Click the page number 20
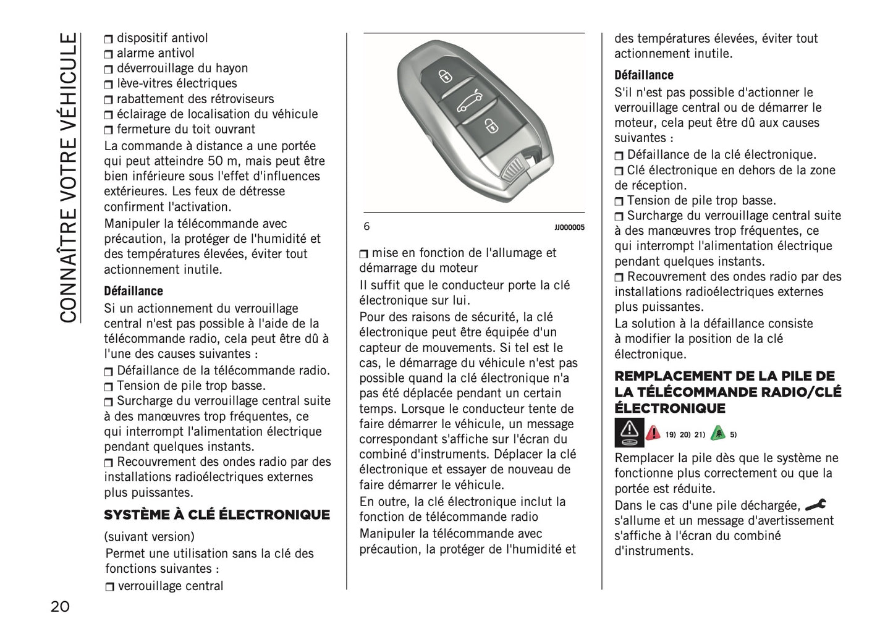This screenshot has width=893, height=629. click(60, 606)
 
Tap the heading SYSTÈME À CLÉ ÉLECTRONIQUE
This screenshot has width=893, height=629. click(217, 515)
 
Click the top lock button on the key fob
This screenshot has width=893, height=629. click(444, 76)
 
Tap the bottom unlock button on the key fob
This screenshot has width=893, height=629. click(491, 127)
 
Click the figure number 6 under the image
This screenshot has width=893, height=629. click(366, 227)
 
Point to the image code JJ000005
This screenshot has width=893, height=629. click(569, 227)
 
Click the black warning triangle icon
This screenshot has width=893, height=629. click(629, 433)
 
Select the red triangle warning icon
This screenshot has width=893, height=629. click(653, 433)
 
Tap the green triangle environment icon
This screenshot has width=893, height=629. click(717, 433)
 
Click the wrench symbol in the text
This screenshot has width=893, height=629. click(816, 505)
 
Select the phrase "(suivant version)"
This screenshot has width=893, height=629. click(149, 536)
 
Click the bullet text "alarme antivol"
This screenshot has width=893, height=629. click(155, 53)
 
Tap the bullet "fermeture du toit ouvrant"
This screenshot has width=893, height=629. click(185, 129)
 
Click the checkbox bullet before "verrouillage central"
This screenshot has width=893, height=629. click(109, 586)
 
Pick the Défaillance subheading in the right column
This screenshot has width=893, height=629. click(643, 75)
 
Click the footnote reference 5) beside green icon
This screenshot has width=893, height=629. click(733, 434)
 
